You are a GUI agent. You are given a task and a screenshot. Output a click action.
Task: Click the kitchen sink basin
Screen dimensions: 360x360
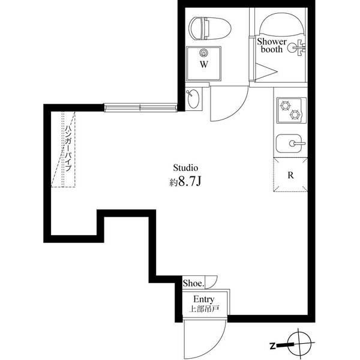[x=290, y=143]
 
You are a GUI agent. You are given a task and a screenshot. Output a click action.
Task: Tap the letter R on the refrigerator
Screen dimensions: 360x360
[x=290, y=176]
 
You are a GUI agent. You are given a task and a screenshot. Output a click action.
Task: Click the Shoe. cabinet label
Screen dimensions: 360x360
[x=193, y=283]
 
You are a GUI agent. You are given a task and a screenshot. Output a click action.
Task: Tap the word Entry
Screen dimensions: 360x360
[x=203, y=299]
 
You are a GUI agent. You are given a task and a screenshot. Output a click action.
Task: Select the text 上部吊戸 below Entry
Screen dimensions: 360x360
[x=203, y=310]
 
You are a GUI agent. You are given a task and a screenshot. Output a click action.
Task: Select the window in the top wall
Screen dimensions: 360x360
[x=140, y=108]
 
